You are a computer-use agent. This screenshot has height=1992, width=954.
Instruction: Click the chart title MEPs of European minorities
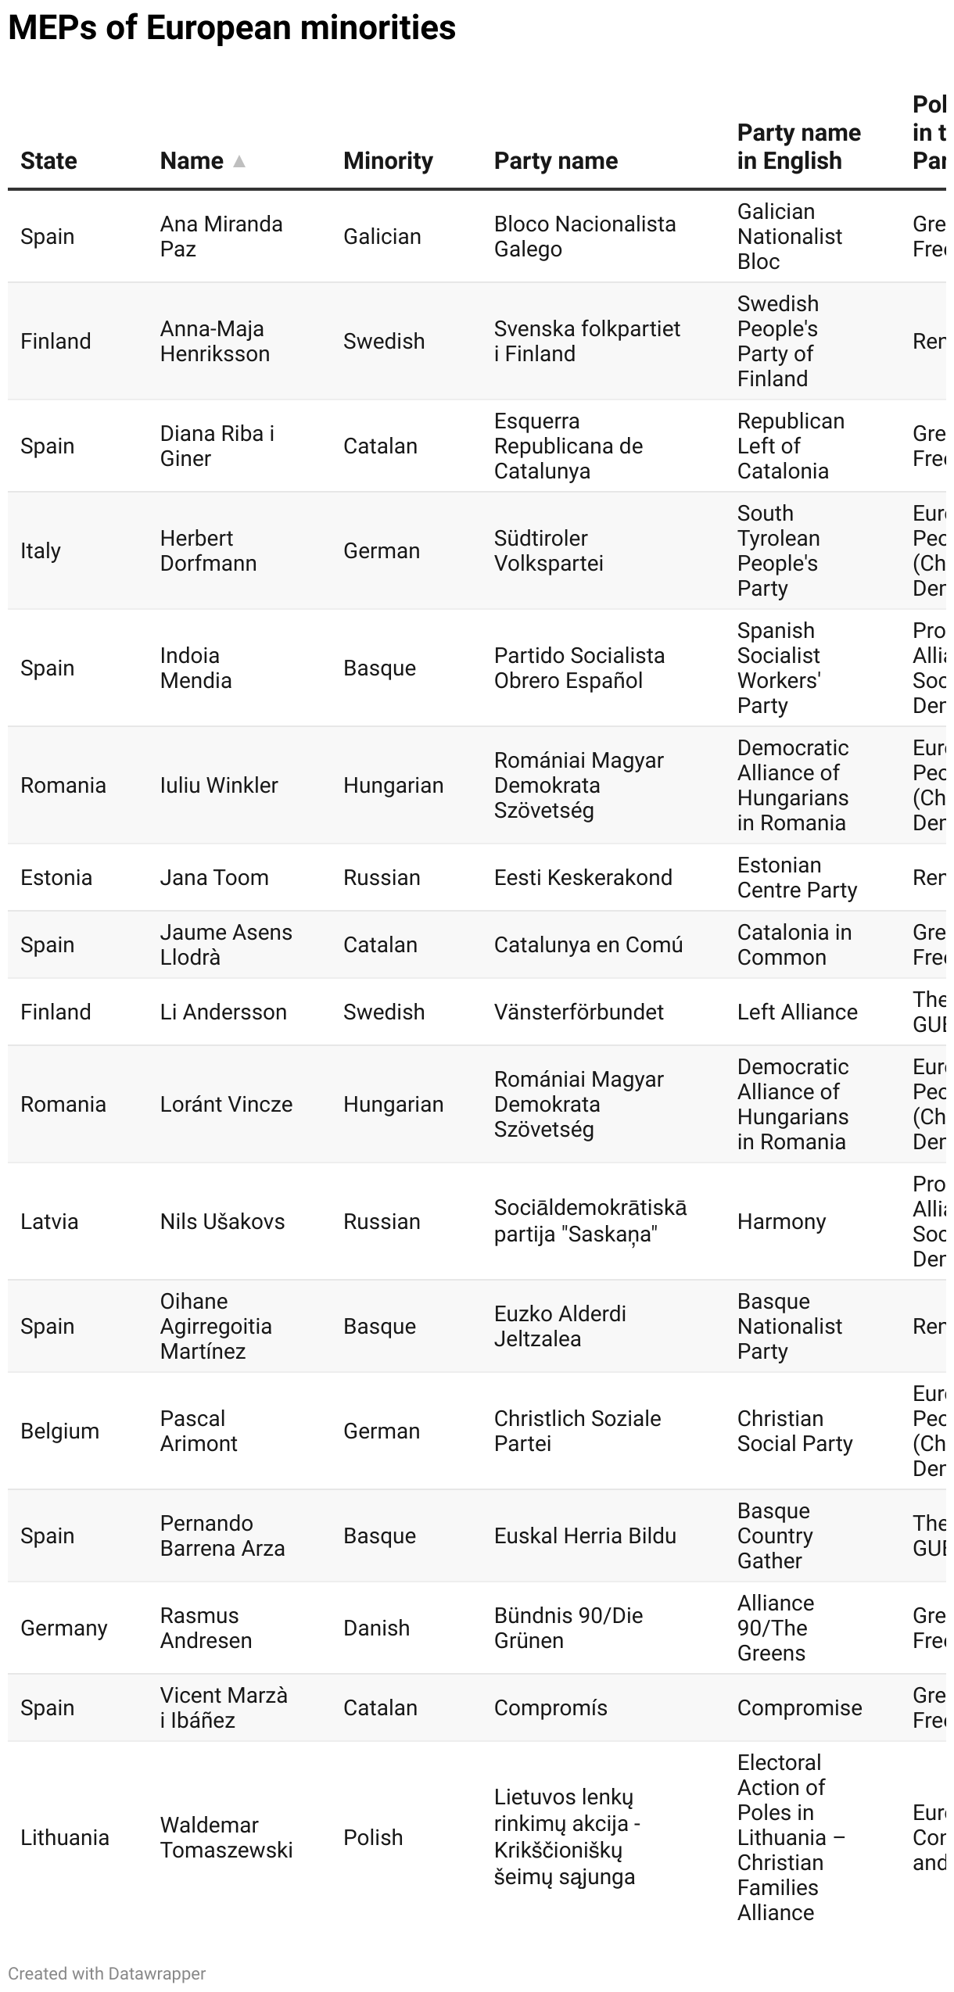[x=231, y=28]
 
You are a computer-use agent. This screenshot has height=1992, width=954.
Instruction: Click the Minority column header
[x=388, y=161]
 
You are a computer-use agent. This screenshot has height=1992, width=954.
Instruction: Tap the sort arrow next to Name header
[x=239, y=161]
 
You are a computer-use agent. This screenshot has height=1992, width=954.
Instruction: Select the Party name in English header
[x=798, y=147]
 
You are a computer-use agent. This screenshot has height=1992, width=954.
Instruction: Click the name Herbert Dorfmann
[x=208, y=550]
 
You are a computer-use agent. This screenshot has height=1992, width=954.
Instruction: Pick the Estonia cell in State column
[x=56, y=877]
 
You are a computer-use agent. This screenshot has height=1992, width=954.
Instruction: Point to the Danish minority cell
[x=376, y=1628]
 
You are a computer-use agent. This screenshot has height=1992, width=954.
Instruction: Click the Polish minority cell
[x=373, y=1837]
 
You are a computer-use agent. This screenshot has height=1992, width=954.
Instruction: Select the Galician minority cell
[x=382, y=236]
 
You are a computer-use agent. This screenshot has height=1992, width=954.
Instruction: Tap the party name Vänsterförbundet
[x=579, y=1012]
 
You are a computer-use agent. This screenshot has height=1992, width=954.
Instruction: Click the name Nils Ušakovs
[x=222, y=1221]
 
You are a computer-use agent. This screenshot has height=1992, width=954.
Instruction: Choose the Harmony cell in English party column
[x=781, y=1221]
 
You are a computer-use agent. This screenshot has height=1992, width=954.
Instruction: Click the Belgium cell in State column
[x=59, y=1431]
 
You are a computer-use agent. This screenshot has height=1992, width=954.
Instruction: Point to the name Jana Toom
[x=214, y=877]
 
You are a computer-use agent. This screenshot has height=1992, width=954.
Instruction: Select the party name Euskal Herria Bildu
[x=585, y=1535]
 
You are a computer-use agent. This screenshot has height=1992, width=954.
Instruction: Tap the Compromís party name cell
[x=551, y=1707]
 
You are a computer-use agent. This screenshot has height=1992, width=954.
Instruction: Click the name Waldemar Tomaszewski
[x=226, y=1837]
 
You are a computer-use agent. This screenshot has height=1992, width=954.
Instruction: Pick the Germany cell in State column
[x=64, y=1628]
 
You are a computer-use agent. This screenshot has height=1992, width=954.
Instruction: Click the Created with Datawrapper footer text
[x=107, y=1973]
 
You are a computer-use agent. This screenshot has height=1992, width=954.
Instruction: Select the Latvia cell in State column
[x=49, y=1221]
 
